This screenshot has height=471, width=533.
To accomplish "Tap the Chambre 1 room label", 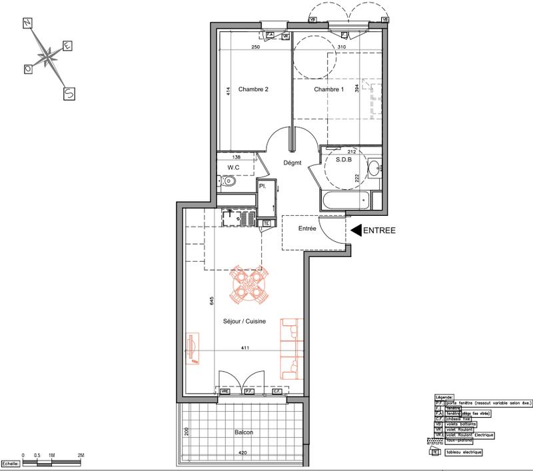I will (328, 90).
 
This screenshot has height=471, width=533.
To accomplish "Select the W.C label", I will (233, 167).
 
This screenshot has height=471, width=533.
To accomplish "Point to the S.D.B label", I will (343, 160).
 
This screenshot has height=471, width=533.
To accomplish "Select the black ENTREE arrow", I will (356, 231).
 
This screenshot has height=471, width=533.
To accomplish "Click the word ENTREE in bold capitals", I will (379, 231).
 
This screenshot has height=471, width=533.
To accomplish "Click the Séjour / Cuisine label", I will (245, 322).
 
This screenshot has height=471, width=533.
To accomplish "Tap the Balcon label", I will (244, 432).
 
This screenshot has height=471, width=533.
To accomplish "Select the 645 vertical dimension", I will (212, 300).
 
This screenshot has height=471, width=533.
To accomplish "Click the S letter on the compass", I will (68, 94).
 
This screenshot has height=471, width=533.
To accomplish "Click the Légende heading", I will (443, 396).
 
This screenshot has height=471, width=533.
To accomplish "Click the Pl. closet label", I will (263, 187).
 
